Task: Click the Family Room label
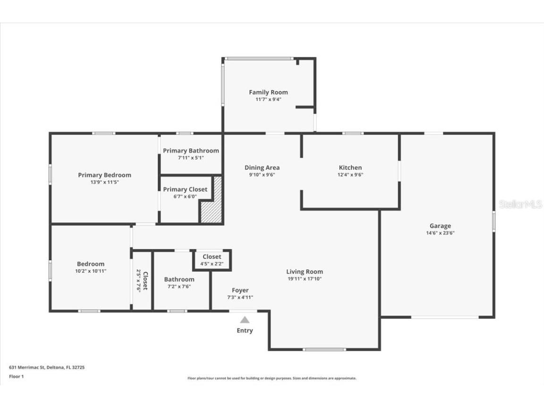pos(268,92)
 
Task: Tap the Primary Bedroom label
pos(104,175)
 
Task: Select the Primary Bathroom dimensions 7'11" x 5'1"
pos(191,158)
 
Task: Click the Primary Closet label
pos(185,189)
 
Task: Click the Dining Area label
pos(262,168)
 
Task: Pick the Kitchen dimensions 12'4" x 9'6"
pos(350,175)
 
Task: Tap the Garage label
pos(440,226)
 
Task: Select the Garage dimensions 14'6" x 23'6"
pos(440,233)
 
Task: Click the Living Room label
pos(305,272)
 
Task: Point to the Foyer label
pos(240,290)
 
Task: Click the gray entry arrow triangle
pos(245,320)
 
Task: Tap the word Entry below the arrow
pos(245,331)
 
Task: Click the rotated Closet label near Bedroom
pos(145,281)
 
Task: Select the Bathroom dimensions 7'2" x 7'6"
pos(179,287)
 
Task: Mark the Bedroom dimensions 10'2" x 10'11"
pos(91,272)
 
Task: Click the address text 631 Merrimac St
pos(27,367)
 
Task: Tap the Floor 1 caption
pos(17,376)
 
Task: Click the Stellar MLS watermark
pos(520,204)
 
